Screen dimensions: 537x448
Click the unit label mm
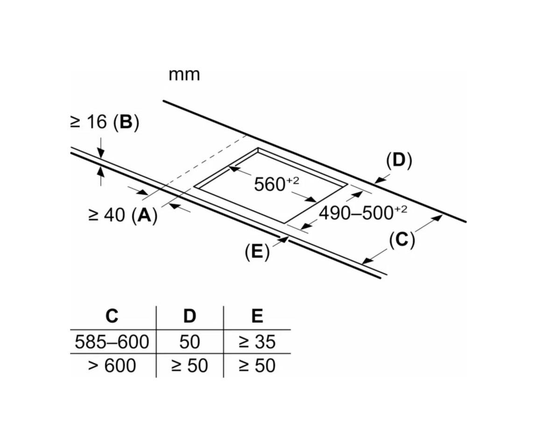[x=184, y=75]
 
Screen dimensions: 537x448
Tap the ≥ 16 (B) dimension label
[x=105, y=122]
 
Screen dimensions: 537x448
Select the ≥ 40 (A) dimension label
[x=123, y=215]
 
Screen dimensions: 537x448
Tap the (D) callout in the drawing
[x=399, y=160]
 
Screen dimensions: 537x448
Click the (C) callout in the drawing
[x=402, y=239]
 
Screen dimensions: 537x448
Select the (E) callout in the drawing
[x=257, y=252]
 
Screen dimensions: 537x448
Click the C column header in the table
[x=112, y=316]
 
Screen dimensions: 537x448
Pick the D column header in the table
[x=190, y=316]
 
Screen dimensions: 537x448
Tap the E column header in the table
[x=257, y=316]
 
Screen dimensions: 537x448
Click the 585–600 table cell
[x=112, y=342]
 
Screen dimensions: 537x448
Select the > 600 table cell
[x=112, y=365]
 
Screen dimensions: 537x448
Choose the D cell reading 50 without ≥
[x=190, y=342]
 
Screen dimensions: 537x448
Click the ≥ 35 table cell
[x=257, y=342]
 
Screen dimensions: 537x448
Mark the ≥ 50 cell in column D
[x=190, y=365]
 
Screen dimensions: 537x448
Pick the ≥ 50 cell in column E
[x=257, y=365]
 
